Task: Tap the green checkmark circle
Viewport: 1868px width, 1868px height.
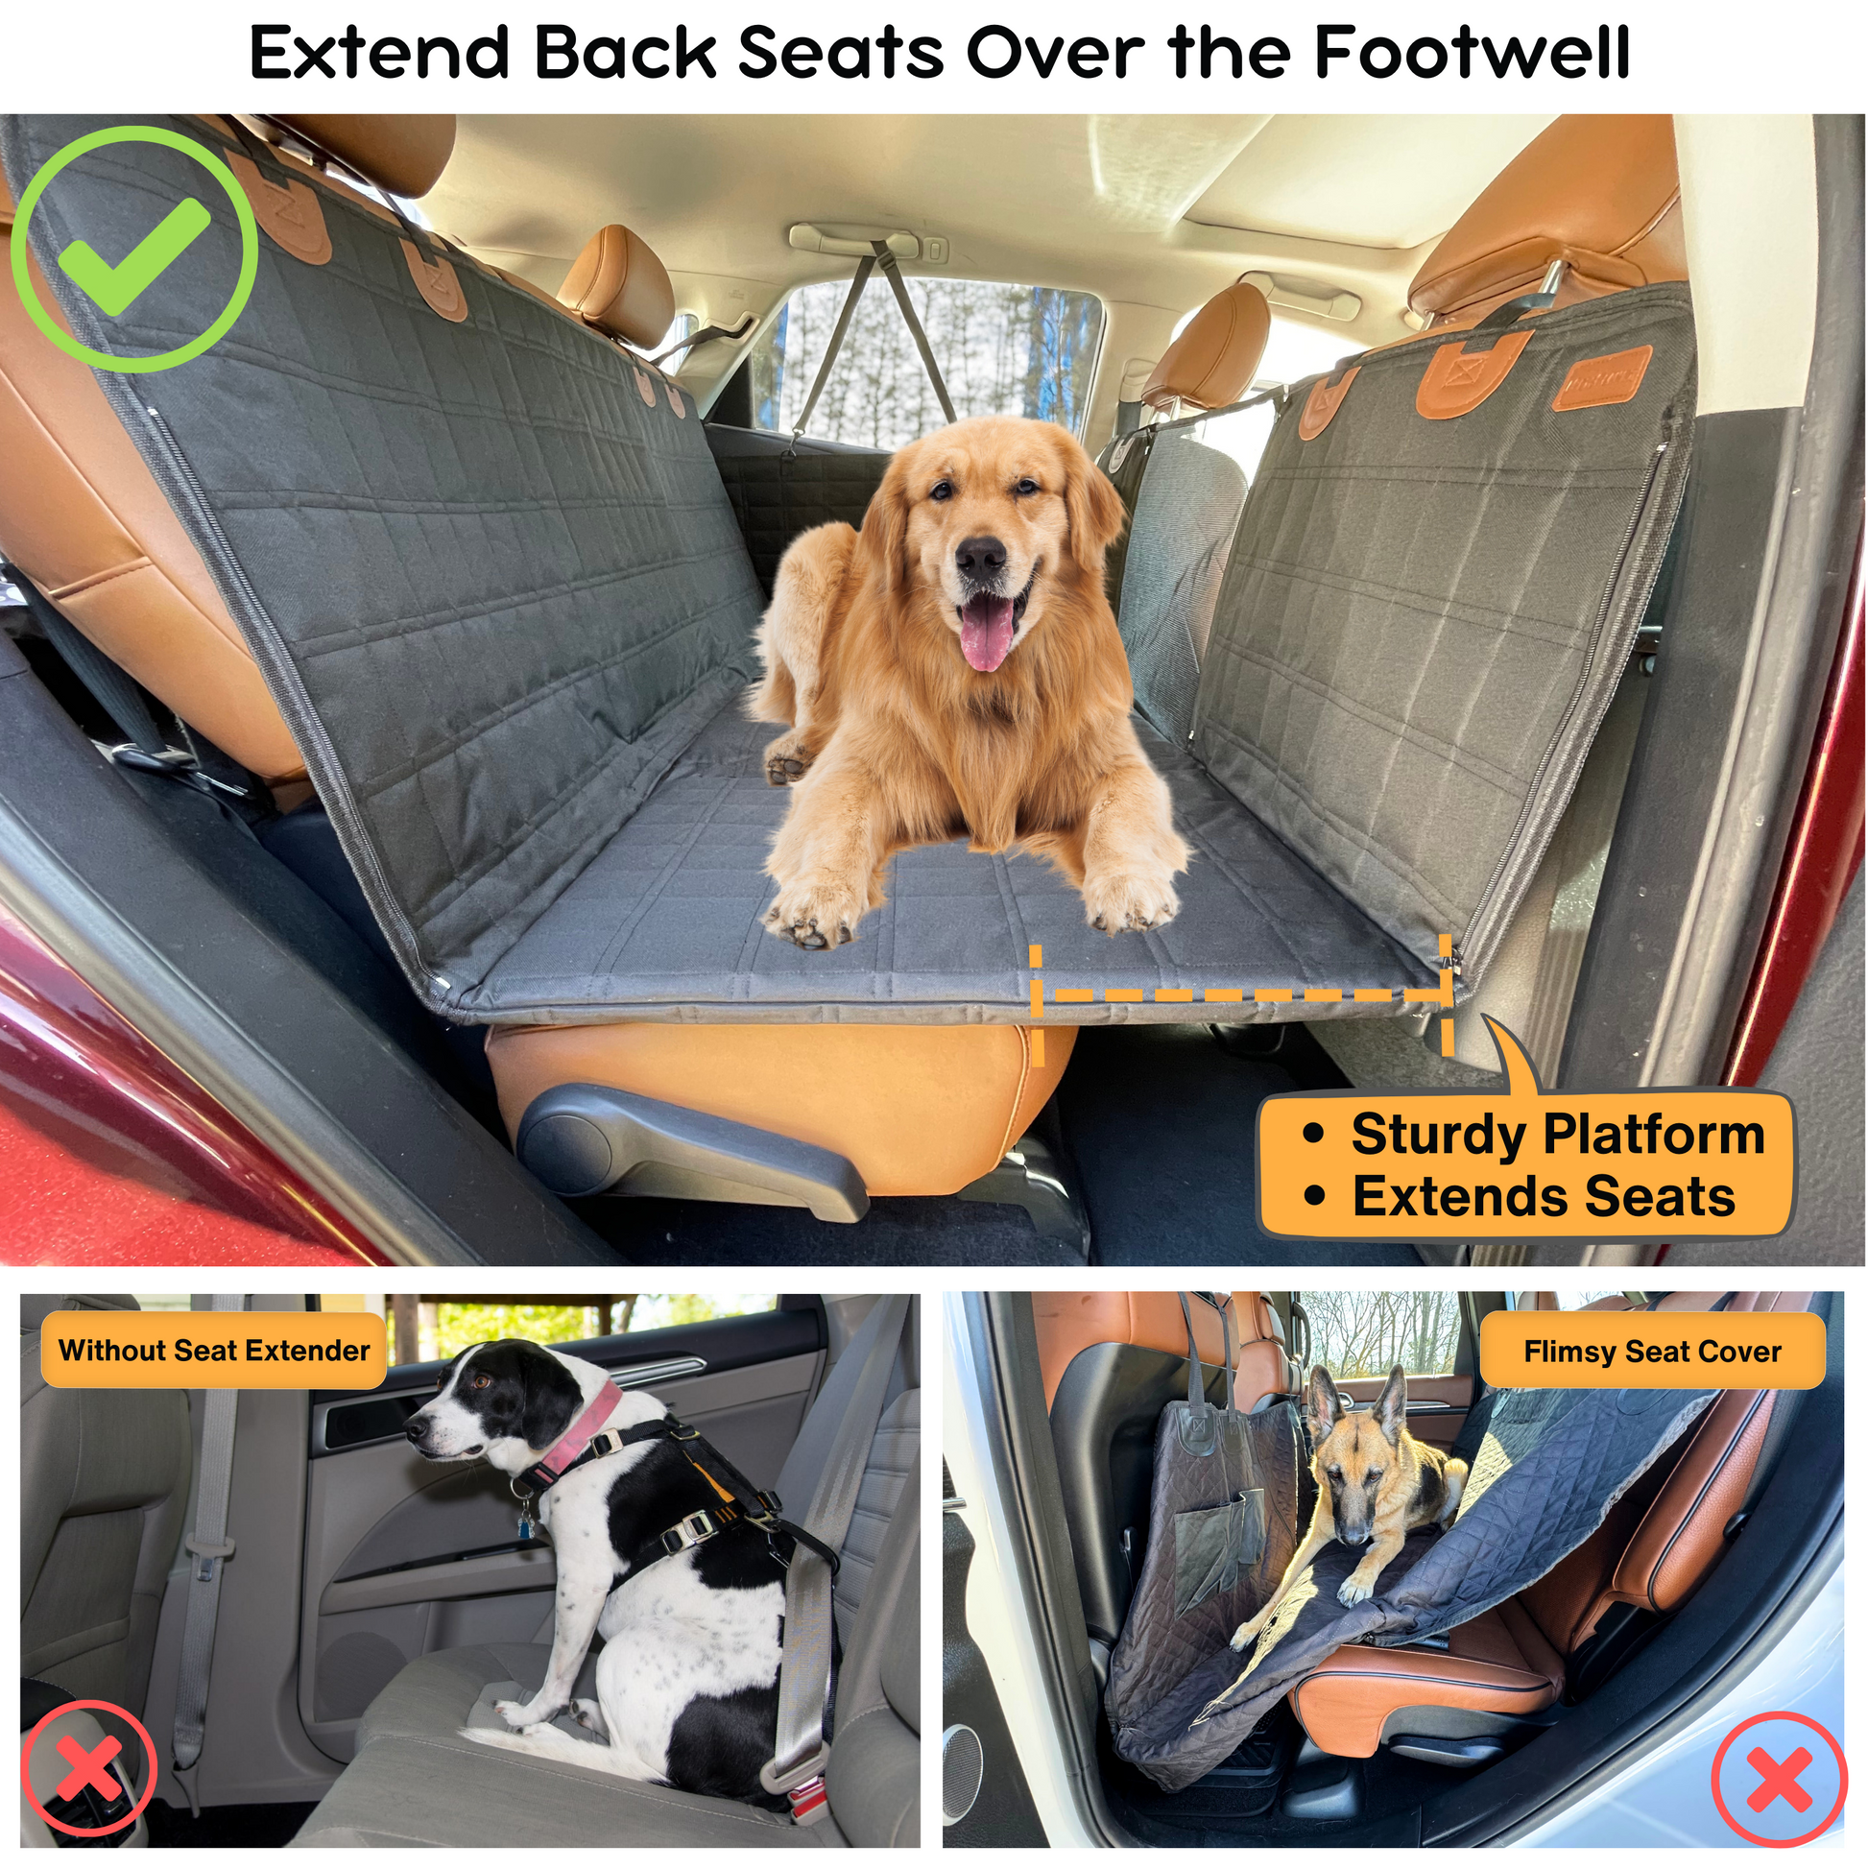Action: [x=134, y=251]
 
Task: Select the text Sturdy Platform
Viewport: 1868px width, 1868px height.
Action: [x=1557, y=1135]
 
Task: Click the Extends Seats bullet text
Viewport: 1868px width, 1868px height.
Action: [x=1544, y=1197]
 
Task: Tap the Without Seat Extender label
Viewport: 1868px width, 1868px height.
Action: [x=214, y=1351]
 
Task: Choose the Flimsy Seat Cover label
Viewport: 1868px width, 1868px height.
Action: [x=1651, y=1352]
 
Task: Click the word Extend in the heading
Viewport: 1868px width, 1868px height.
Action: [x=379, y=52]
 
